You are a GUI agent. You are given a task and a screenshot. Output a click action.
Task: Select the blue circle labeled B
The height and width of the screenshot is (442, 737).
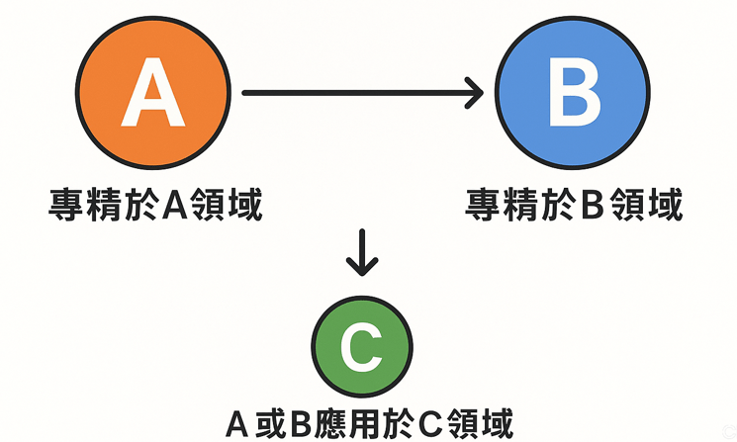pyautogui.click(x=574, y=94)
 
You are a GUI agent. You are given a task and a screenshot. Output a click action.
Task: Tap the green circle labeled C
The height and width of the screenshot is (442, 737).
pyautogui.click(x=361, y=346)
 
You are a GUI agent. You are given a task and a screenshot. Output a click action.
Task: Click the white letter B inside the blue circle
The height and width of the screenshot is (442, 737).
pyautogui.click(x=574, y=95)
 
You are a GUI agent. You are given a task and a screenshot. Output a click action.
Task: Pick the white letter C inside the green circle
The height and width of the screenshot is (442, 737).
pyautogui.click(x=361, y=347)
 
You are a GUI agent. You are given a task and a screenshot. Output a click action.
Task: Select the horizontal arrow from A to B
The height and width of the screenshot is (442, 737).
pyautogui.click(x=356, y=94)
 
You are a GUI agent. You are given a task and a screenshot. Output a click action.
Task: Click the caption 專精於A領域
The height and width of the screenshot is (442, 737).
pyautogui.click(x=155, y=207)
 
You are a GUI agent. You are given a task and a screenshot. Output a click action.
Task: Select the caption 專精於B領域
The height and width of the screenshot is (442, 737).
pyautogui.click(x=575, y=207)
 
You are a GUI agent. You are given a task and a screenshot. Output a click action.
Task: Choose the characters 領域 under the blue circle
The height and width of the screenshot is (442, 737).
pyautogui.click(x=650, y=207)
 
